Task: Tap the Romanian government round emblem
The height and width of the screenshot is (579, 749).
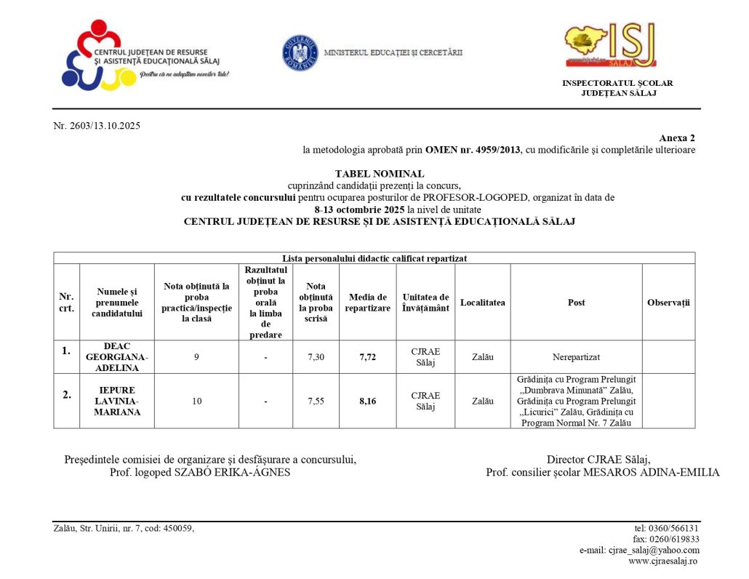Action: (300, 52)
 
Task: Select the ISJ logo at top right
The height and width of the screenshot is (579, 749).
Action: (610, 44)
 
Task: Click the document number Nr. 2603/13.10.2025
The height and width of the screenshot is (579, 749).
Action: (97, 126)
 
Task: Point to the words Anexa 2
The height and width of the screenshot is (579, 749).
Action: (677, 138)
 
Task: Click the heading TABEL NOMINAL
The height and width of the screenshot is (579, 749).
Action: (379, 174)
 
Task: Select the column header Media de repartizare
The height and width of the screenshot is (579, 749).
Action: (367, 303)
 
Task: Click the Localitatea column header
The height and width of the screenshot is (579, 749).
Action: (482, 303)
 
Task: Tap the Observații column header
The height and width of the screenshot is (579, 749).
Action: (668, 303)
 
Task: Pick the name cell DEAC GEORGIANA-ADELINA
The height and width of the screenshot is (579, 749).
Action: (116, 357)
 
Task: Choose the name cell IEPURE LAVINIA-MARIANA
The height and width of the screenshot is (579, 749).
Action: (116, 401)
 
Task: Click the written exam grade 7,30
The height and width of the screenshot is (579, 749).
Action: (316, 357)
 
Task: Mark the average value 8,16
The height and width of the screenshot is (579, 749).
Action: (367, 401)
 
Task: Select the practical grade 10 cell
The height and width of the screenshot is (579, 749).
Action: (197, 401)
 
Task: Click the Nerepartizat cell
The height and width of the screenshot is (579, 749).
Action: (576, 357)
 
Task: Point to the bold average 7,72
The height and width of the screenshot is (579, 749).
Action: (367, 357)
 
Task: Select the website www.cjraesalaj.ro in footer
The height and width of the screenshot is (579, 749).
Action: (663, 562)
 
